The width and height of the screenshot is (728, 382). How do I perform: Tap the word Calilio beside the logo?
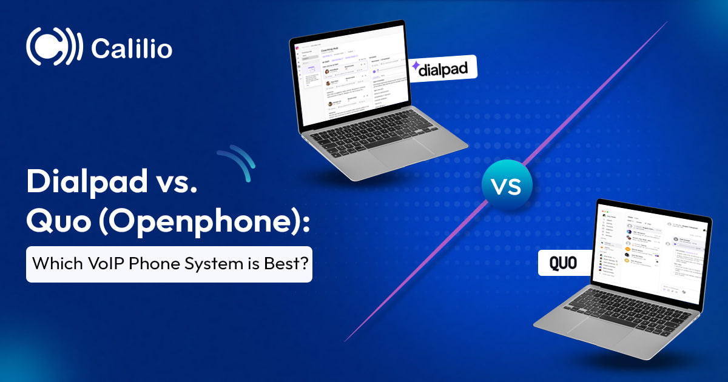tap(131, 49)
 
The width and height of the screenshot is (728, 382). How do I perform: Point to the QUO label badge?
tap(563, 264)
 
